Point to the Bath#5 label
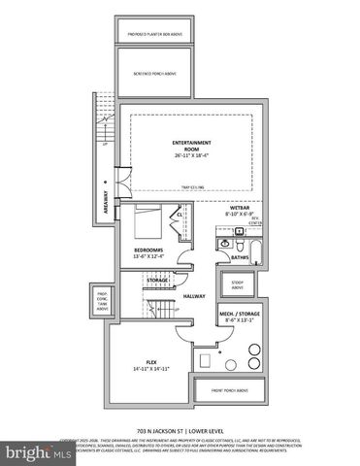[x=241, y=258]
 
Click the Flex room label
[x=146, y=366]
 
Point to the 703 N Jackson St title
[x=180, y=428]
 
